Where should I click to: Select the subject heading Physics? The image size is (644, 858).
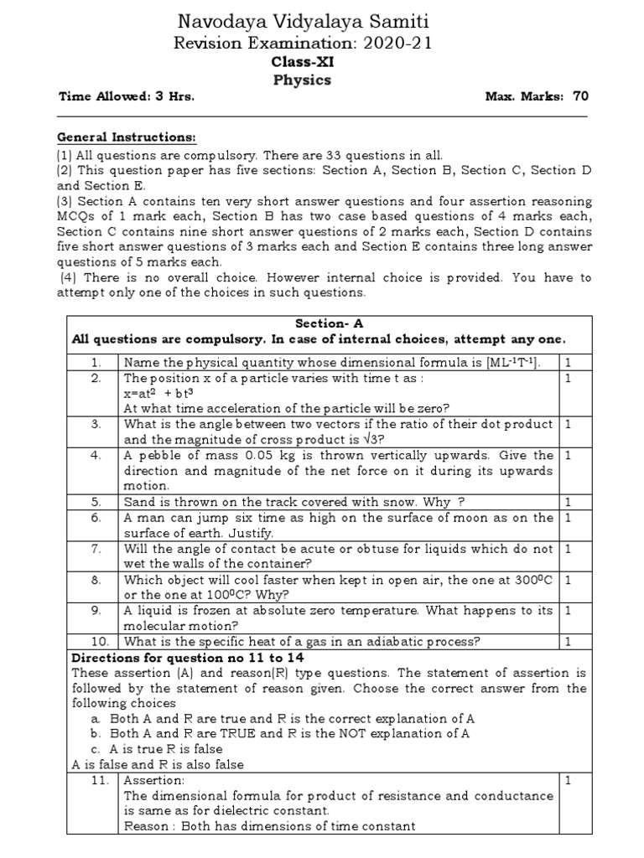pyautogui.click(x=302, y=80)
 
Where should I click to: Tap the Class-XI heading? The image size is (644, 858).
pyautogui.click(x=302, y=62)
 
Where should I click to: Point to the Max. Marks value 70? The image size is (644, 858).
pyautogui.click(x=580, y=96)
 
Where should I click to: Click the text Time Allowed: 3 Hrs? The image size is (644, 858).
pyautogui.click(x=126, y=96)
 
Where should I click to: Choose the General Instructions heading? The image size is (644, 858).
pyautogui.click(x=127, y=137)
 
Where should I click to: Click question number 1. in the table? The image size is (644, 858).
pyautogui.click(x=96, y=362)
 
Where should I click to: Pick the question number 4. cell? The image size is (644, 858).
pyautogui.click(x=96, y=455)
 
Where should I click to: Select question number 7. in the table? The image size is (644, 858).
pyautogui.click(x=96, y=548)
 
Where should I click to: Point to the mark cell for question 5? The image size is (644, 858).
pyautogui.click(x=568, y=502)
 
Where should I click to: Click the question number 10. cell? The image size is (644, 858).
pyautogui.click(x=96, y=642)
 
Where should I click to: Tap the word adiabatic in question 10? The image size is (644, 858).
pyautogui.click(x=385, y=642)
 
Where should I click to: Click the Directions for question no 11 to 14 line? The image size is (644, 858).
pyautogui.click(x=176, y=657)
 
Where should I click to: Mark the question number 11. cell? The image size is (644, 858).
pyautogui.click(x=96, y=780)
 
